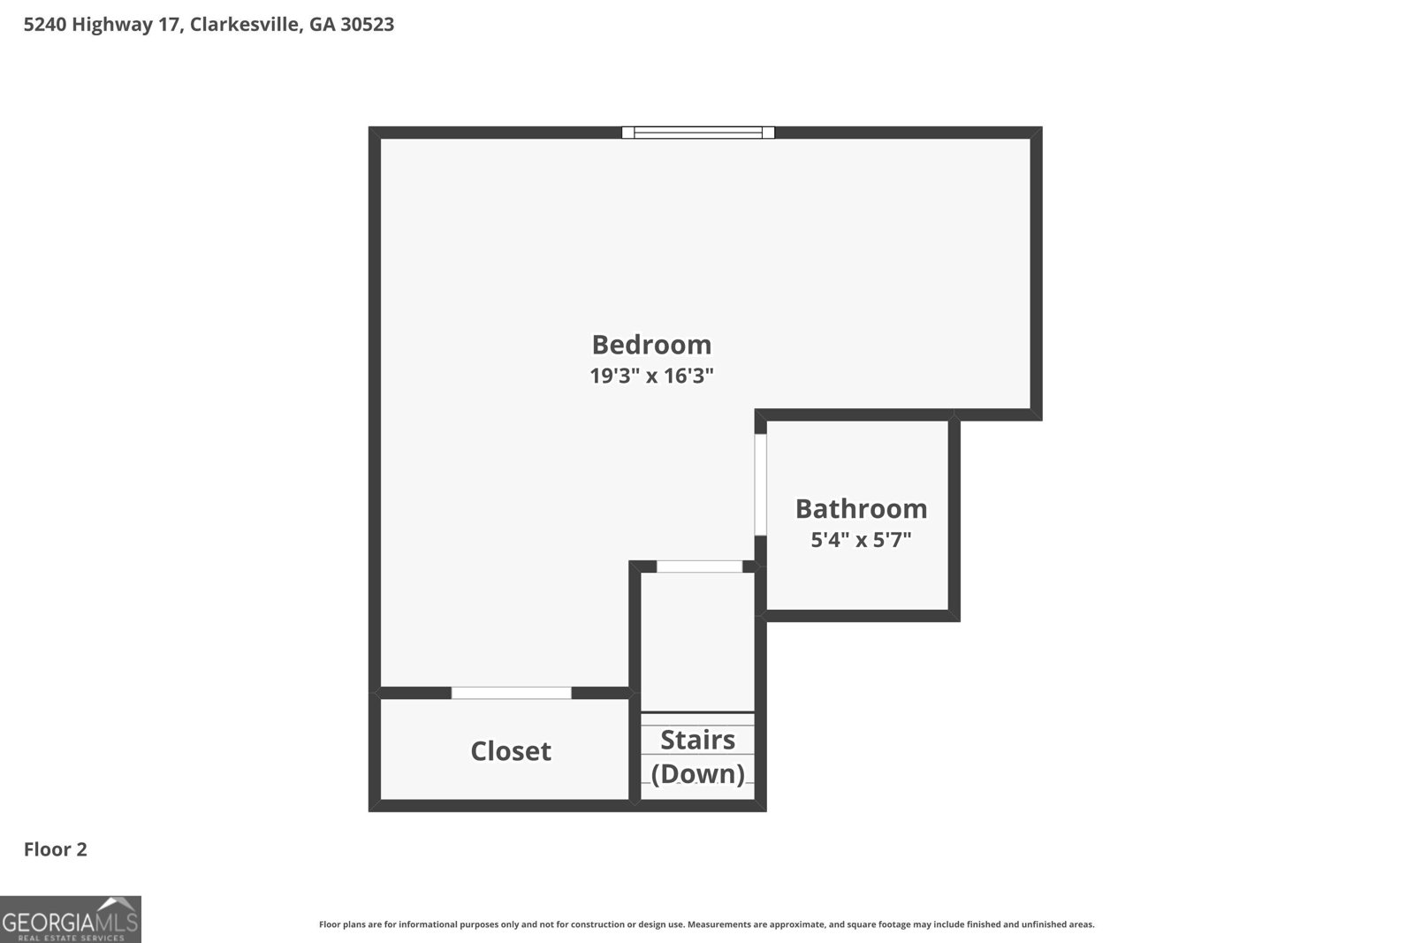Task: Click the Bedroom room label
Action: tap(651, 345)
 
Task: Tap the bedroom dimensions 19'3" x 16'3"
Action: tap(651, 376)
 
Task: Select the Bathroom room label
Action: tap(861, 509)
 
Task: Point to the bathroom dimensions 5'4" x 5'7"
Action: tap(861, 540)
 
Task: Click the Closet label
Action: tap(511, 751)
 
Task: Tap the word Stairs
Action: tap(697, 740)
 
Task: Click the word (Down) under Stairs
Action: tap(697, 774)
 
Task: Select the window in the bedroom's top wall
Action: tap(698, 133)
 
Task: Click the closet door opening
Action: tap(512, 693)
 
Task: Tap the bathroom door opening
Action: tap(761, 484)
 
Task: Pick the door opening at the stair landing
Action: tap(699, 567)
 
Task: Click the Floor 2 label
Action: tap(56, 849)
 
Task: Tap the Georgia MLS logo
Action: tap(70, 919)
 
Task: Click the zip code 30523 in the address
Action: tap(368, 24)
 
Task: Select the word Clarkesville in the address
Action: tap(244, 24)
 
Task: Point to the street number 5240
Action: tap(45, 24)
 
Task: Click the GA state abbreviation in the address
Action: tap(322, 24)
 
